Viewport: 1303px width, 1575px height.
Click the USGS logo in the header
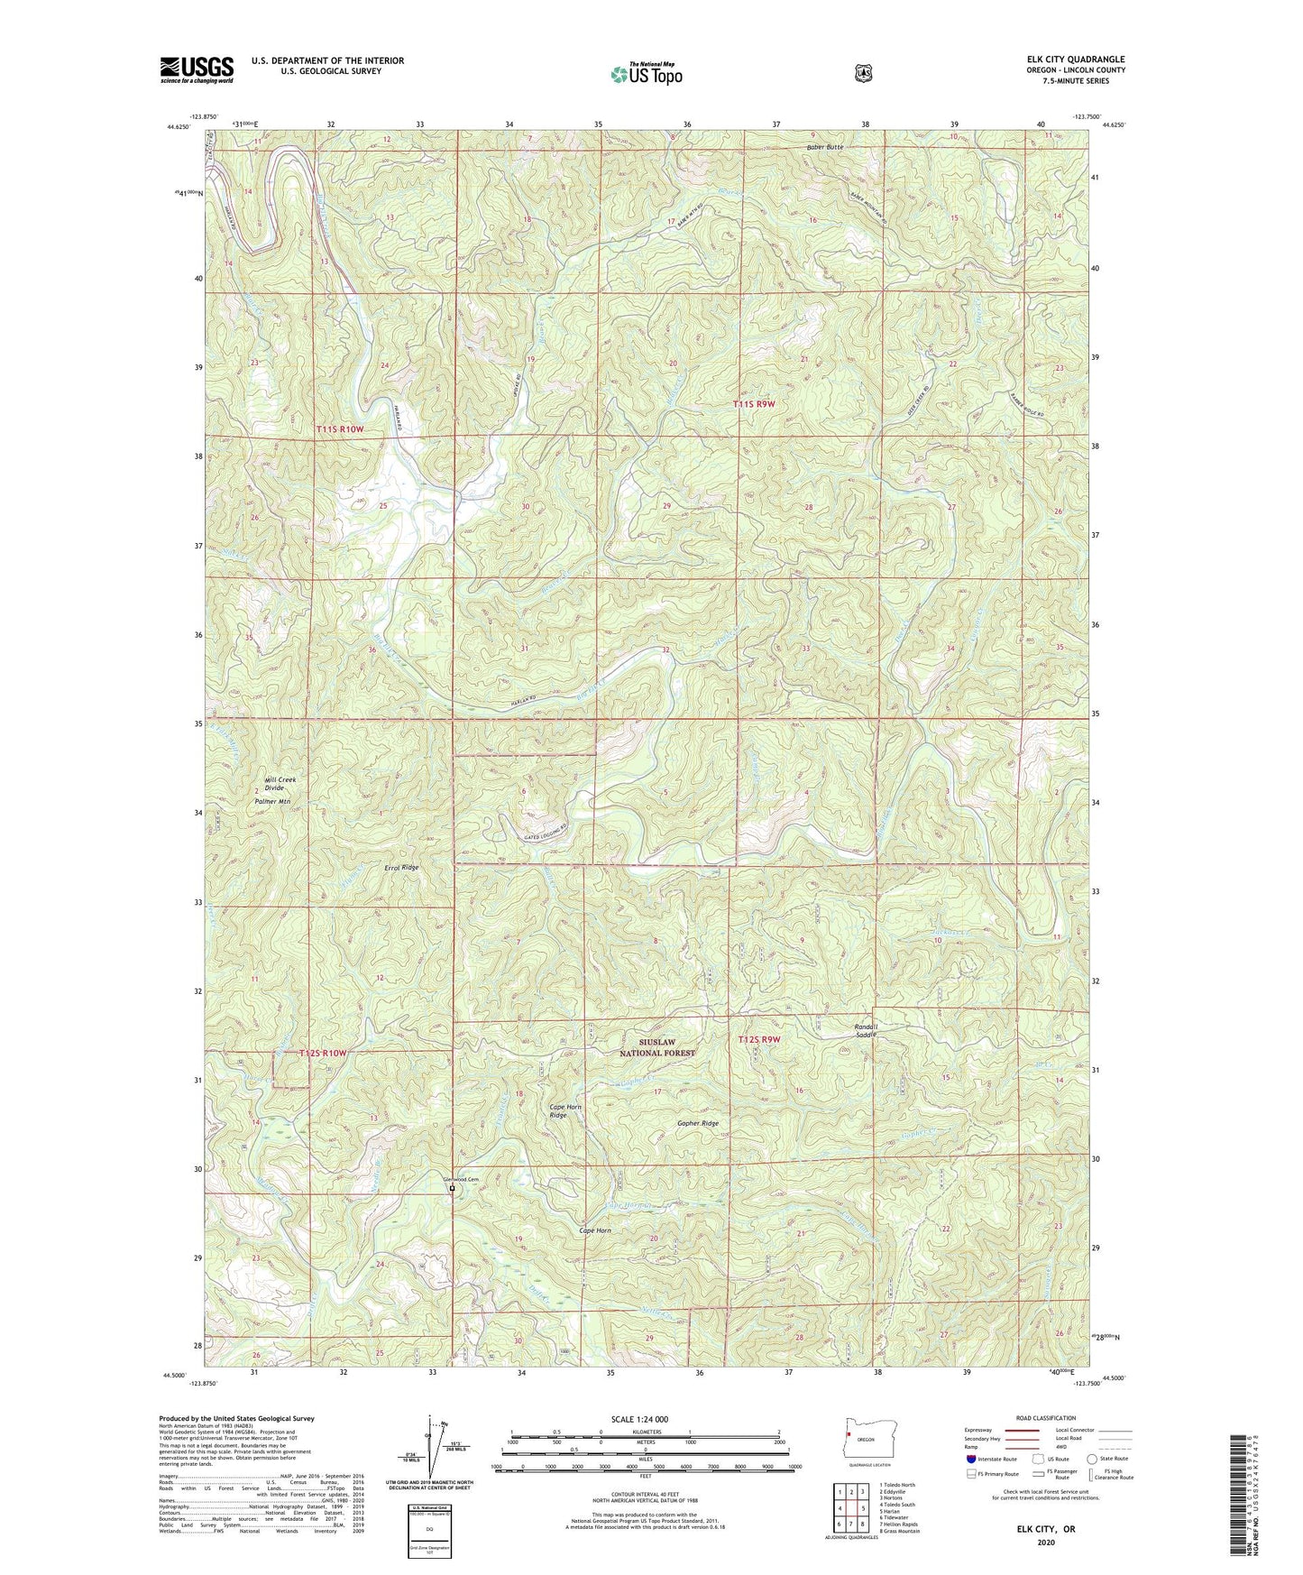(197, 69)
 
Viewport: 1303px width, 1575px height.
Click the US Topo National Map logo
(645, 73)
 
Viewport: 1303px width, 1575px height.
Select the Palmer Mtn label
(272, 801)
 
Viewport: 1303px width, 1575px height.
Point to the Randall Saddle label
(866, 1030)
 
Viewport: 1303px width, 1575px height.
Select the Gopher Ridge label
(698, 1123)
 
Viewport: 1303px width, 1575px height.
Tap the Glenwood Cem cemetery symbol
(452, 1189)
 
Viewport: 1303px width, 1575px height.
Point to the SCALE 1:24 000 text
(639, 1419)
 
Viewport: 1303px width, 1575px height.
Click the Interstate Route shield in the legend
(970, 1459)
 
